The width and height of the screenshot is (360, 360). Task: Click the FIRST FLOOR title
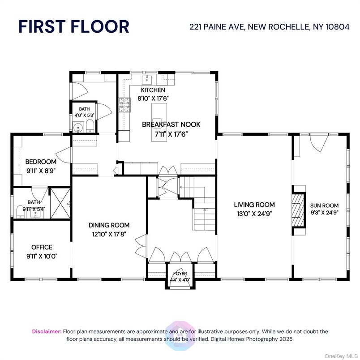pos(74,26)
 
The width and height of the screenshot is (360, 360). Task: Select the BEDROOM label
pos(41,162)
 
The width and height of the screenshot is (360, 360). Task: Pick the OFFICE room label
pos(42,247)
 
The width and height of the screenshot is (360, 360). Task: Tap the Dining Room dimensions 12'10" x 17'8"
pos(109,233)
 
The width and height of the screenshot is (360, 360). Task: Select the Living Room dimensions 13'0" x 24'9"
pos(253,213)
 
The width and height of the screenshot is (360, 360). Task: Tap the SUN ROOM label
pos(324,206)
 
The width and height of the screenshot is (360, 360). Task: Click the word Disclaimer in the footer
pos(47,331)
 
